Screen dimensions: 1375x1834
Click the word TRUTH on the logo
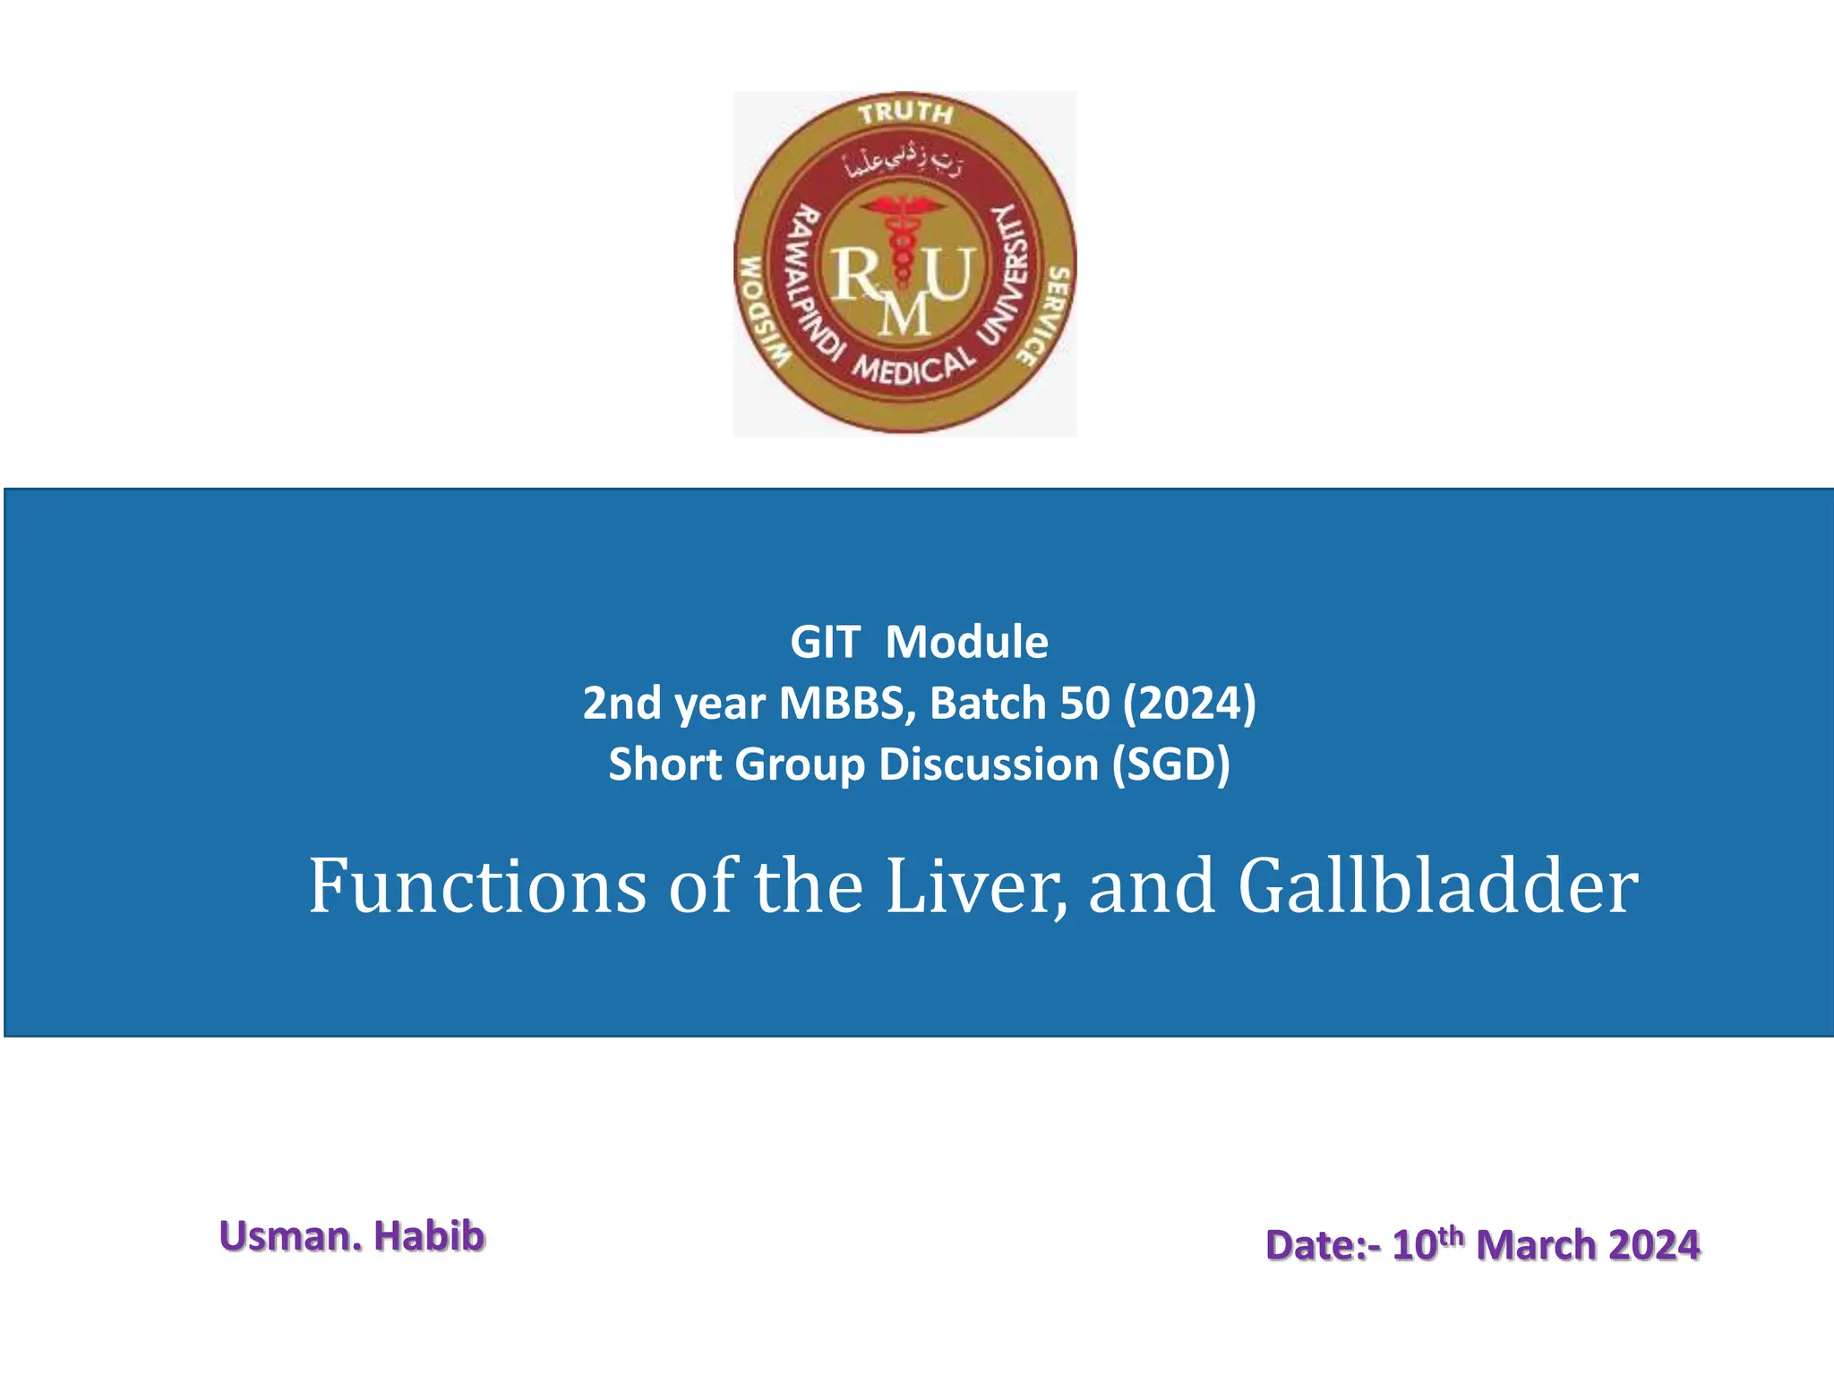pos(905,113)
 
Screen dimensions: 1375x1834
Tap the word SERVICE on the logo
pos(1043,315)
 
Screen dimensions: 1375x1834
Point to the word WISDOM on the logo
pos(761,311)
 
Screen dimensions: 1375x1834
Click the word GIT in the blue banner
pos(825,642)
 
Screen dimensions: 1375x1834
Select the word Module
pos(966,642)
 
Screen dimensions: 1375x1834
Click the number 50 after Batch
pos(1084,703)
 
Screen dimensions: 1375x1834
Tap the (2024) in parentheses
pos(1190,703)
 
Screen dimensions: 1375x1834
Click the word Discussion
pos(989,764)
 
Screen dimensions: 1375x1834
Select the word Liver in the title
pos(976,886)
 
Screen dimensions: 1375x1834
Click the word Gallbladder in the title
pos(1438,886)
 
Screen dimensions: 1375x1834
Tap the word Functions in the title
pos(477,886)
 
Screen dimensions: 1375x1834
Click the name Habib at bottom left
pos(429,1236)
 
